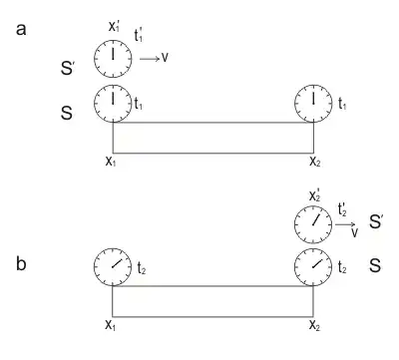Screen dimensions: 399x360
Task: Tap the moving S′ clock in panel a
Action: coord(112,60)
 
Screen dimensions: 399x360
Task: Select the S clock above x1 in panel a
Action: coord(112,102)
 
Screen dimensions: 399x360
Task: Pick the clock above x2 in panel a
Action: coord(314,102)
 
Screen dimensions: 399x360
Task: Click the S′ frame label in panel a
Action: coord(68,69)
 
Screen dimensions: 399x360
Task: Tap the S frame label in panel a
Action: coord(66,115)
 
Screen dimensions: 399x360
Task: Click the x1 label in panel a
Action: coord(112,160)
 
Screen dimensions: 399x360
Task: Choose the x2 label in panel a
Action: coord(314,160)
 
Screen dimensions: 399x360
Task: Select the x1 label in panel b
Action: coord(112,325)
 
